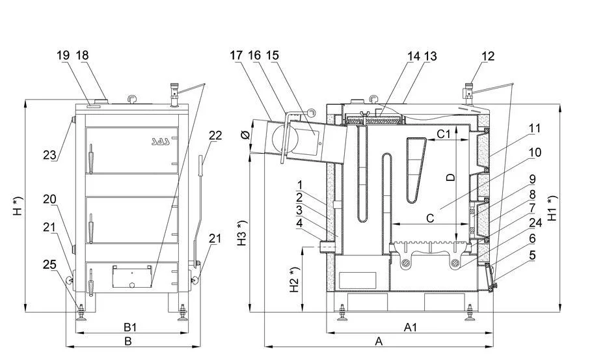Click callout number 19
click(63, 55)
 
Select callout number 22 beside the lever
click(215, 135)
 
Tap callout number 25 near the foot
click(49, 264)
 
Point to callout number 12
click(488, 56)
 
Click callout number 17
click(236, 55)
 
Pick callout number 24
click(535, 223)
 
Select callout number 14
click(414, 56)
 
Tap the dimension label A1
click(410, 327)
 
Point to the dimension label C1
click(444, 134)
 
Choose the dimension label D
click(451, 177)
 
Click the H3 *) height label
click(242, 232)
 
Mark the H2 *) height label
click(295, 279)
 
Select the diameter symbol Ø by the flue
click(245, 135)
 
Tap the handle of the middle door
click(90, 228)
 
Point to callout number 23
click(49, 155)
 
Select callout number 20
click(49, 199)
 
